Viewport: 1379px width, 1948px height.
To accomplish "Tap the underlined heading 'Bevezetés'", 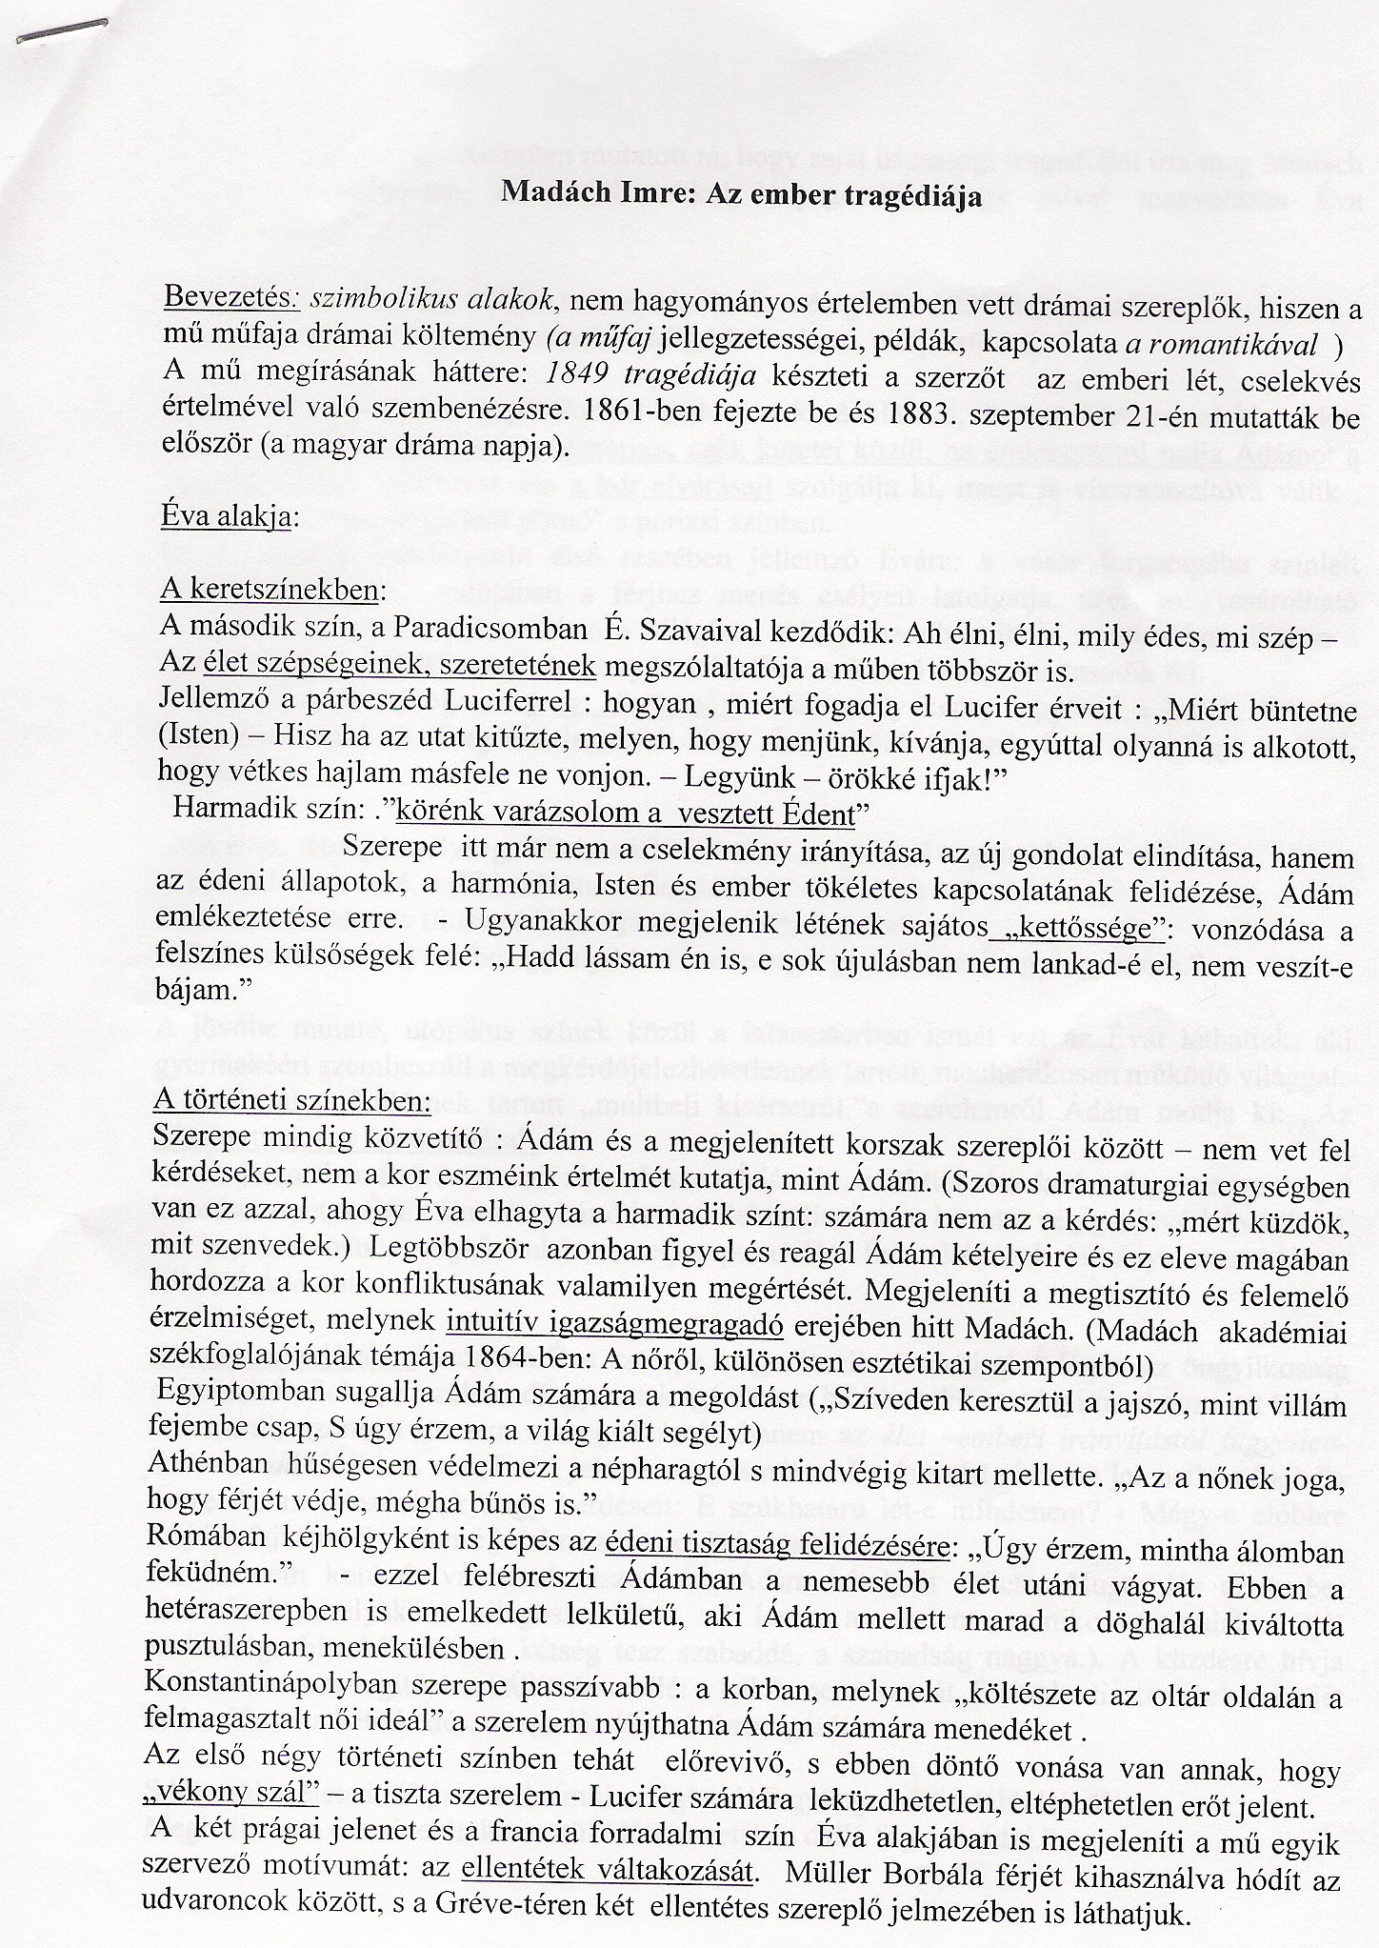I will click(x=231, y=298).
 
